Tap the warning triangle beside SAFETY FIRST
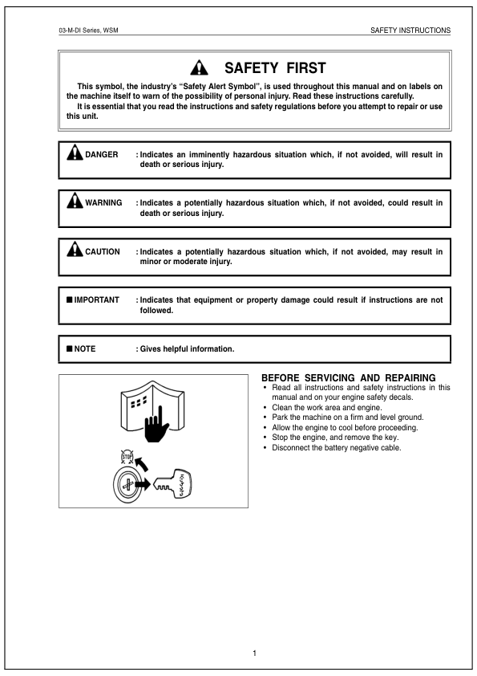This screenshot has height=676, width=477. click(x=199, y=68)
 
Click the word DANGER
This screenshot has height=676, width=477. click(x=102, y=154)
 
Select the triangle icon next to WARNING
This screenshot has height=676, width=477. click(x=75, y=201)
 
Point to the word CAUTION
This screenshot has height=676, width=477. click(x=103, y=251)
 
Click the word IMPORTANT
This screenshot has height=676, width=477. click(x=96, y=299)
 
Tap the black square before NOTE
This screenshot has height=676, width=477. click(x=70, y=348)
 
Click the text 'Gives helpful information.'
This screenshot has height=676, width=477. click(x=187, y=348)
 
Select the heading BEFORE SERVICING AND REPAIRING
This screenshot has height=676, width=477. click(x=349, y=377)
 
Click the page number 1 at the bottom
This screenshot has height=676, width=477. click(x=254, y=653)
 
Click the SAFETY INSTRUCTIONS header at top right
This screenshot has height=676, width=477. click(x=410, y=31)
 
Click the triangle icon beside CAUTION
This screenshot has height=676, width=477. click(x=75, y=249)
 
